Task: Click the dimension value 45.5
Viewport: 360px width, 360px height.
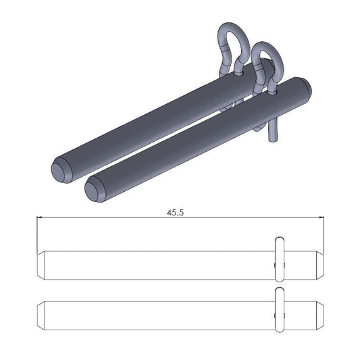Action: [x=176, y=212]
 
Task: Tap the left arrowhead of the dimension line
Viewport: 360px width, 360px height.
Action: [x=39, y=217]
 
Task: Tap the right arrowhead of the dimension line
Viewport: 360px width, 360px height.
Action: [x=323, y=217]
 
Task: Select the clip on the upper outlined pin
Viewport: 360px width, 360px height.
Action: [x=279, y=257]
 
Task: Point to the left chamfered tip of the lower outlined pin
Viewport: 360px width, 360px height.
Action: [x=41, y=313]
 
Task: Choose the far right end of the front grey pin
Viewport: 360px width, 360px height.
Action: [x=305, y=85]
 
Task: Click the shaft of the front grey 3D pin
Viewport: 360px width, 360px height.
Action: [x=196, y=138]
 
